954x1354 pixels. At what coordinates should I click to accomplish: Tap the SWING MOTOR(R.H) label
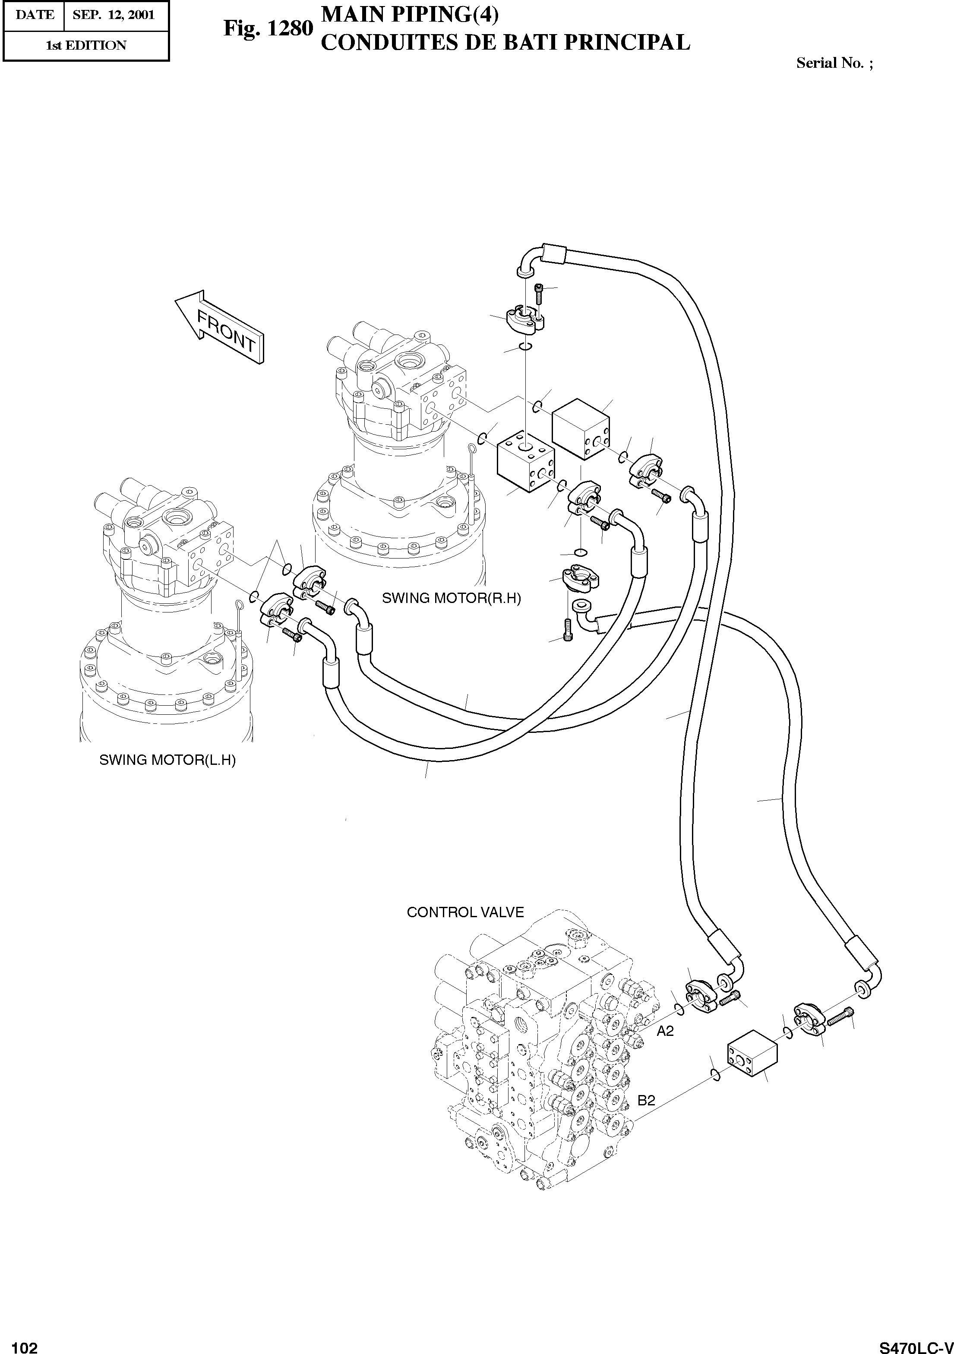[451, 598]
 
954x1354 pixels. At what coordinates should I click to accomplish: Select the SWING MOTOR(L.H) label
[167, 760]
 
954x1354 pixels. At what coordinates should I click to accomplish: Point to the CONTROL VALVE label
[465, 912]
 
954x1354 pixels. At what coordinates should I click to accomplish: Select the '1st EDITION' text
[86, 45]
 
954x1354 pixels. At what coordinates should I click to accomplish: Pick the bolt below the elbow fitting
[568, 631]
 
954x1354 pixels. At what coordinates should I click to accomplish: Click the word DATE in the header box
[34, 15]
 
